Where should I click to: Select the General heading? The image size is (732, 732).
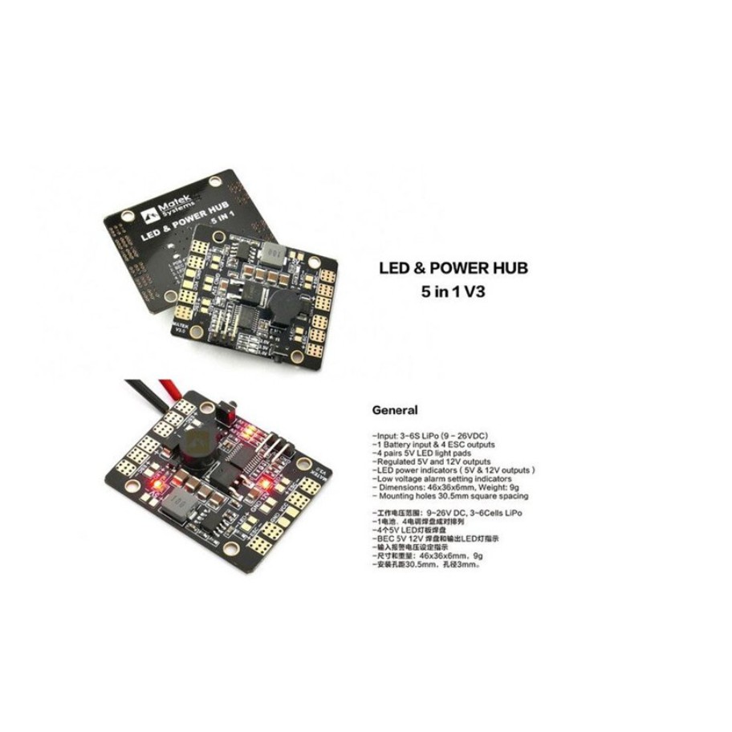pyautogui.click(x=395, y=409)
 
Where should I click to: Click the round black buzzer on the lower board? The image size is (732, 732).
pyautogui.click(x=193, y=439)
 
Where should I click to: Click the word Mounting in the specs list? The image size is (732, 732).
pyautogui.click(x=396, y=496)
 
